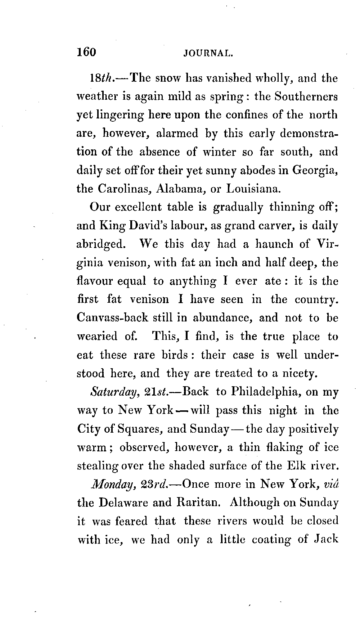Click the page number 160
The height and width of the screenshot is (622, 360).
(x=86, y=52)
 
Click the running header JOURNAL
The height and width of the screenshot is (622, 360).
(x=209, y=54)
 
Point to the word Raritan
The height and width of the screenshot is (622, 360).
(x=197, y=503)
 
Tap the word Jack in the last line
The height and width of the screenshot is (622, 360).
(x=326, y=540)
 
